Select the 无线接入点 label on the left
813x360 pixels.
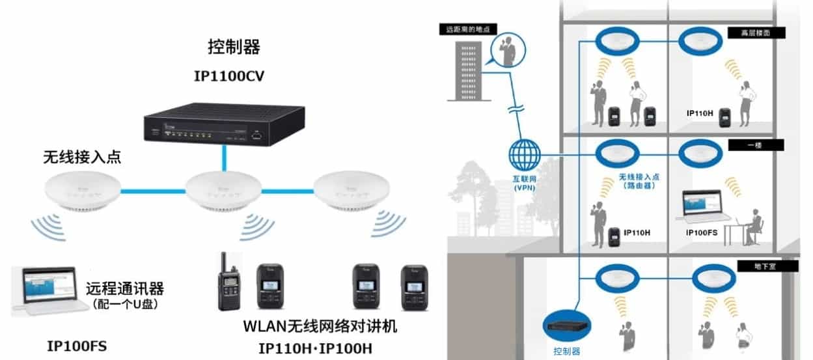point(81,158)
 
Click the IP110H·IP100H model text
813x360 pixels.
point(315,348)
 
